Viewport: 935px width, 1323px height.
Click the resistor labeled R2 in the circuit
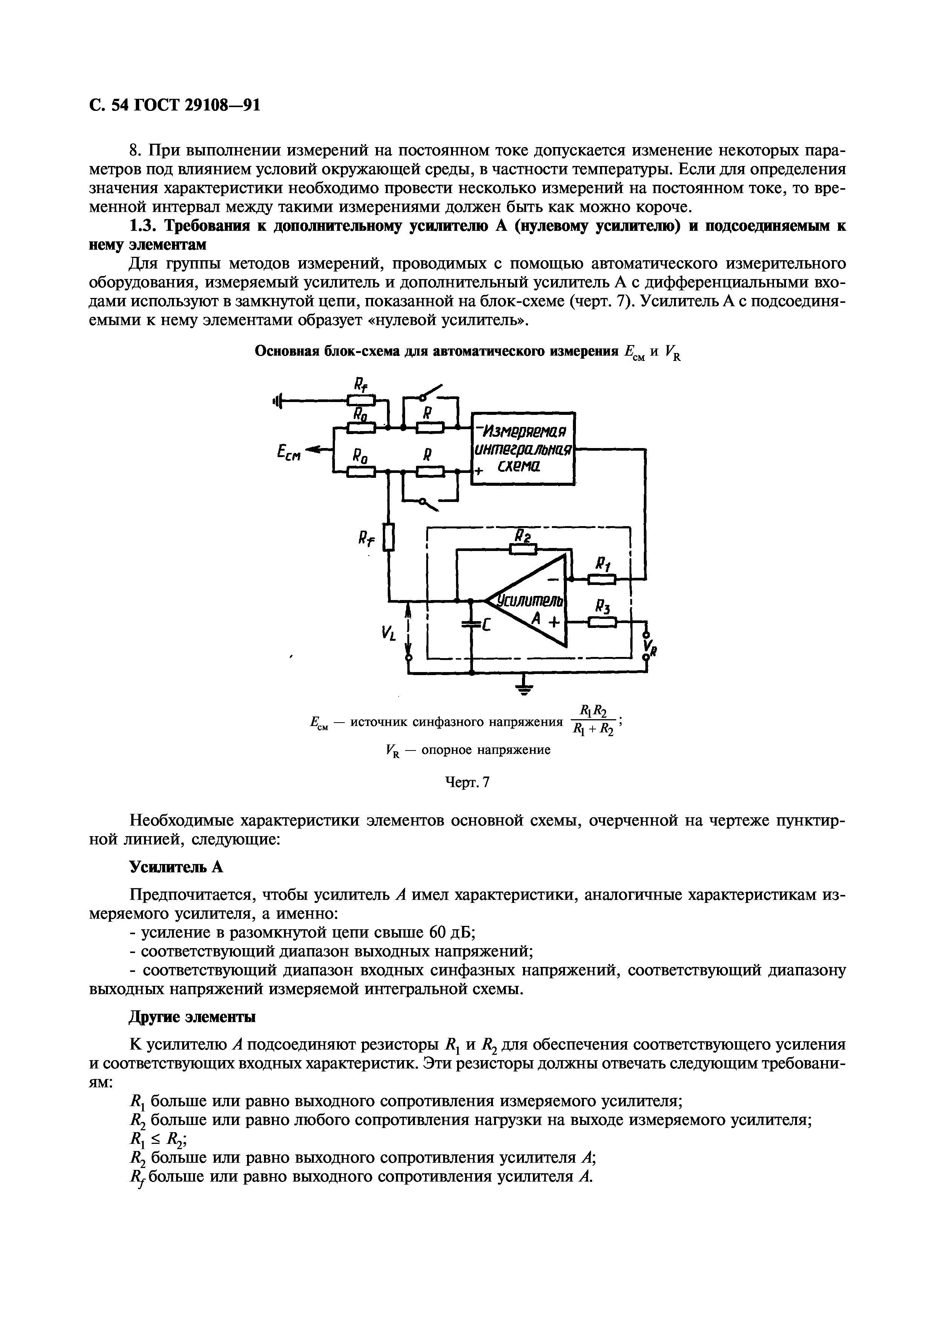pyautogui.click(x=523, y=549)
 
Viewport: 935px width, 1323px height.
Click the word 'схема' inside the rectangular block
pyautogui.click(x=516, y=467)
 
